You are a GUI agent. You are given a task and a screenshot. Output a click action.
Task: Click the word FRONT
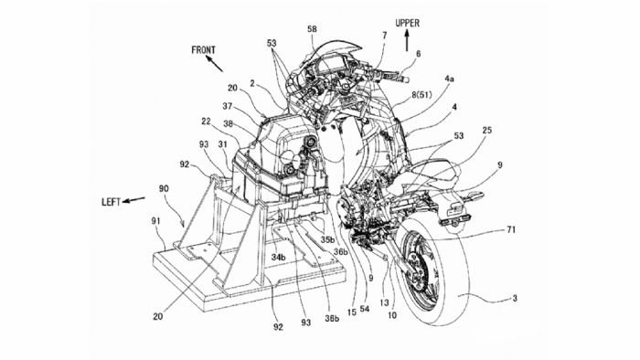click(x=203, y=50)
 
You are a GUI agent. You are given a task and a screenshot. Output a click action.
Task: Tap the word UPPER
click(x=407, y=23)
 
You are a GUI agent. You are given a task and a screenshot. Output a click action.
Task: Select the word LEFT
click(x=111, y=202)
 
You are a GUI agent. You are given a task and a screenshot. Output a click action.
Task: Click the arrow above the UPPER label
click(x=407, y=41)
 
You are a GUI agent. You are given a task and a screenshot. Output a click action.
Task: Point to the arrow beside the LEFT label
click(x=133, y=200)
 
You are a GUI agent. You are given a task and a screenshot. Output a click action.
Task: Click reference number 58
click(x=312, y=29)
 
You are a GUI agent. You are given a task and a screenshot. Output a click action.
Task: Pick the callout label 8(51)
click(x=421, y=96)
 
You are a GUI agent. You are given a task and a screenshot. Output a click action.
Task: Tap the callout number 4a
click(x=449, y=79)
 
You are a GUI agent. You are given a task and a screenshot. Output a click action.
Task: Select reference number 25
click(x=487, y=131)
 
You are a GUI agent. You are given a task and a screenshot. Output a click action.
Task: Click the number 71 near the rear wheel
click(x=510, y=230)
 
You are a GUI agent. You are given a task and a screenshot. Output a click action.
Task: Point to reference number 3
click(x=515, y=298)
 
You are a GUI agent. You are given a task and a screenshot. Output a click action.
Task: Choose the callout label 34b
click(x=278, y=257)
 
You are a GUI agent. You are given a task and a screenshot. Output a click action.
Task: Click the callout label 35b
click(x=327, y=239)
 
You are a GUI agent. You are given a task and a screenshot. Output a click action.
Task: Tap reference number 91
click(x=155, y=221)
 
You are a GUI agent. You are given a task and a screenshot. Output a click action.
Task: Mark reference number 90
click(x=164, y=189)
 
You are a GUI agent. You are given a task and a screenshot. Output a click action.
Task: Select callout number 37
click(x=227, y=107)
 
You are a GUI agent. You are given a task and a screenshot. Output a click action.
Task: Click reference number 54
click(x=365, y=309)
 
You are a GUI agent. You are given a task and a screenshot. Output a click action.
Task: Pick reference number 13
click(x=385, y=303)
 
